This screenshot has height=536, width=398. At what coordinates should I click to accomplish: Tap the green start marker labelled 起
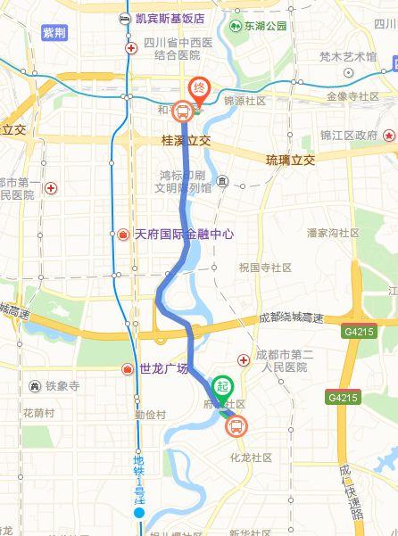(x=224, y=386)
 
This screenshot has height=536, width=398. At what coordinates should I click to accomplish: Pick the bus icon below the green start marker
(x=236, y=427)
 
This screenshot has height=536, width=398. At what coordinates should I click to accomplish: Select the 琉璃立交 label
(x=291, y=160)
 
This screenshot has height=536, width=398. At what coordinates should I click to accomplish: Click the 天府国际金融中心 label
(x=182, y=234)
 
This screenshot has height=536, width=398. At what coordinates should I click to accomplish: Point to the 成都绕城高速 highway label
(x=294, y=316)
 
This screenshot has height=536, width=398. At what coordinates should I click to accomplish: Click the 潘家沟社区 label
(x=332, y=233)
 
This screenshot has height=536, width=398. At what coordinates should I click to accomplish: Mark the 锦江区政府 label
(x=349, y=135)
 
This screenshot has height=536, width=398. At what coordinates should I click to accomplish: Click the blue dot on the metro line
(x=138, y=513)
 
